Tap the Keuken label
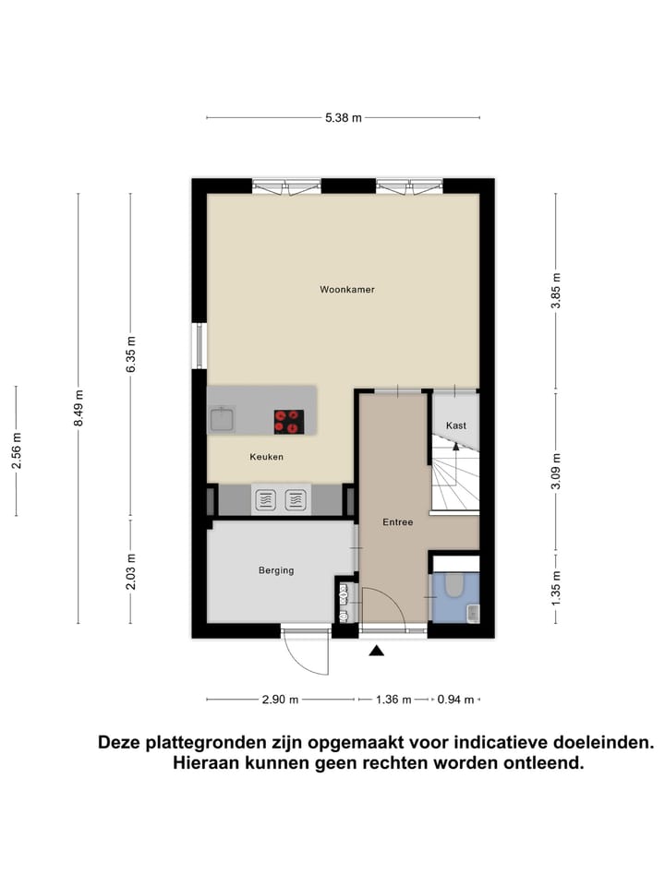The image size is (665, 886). coord(266,457)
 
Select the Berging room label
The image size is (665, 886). coord(276,570)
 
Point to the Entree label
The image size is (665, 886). coord(398,522)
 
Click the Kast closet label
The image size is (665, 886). coord(455,425)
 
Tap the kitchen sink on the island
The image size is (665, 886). coord(222,421)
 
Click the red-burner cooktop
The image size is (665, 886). coord(288,422)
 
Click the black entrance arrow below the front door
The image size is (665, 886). coord(377,651)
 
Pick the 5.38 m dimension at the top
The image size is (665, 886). coord(343,117)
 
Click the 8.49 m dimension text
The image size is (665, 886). coord(79,406)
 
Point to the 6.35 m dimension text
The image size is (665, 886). coord(131,354)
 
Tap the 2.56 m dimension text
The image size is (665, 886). coord(16,450)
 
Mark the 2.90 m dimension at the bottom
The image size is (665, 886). coord(280,700)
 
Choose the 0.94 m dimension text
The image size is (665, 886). coord(455,700)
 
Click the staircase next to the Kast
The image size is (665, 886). coord(455,475)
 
